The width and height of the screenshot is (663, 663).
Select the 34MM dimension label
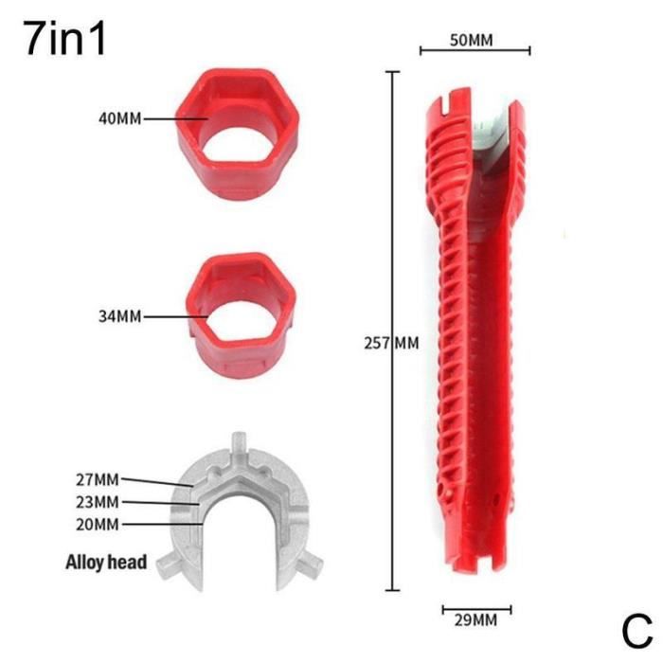point(119,316)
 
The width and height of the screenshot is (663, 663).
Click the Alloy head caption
point(106,563)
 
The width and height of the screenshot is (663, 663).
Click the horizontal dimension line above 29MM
point(475,609)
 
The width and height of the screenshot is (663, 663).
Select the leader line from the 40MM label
point(178,119)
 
